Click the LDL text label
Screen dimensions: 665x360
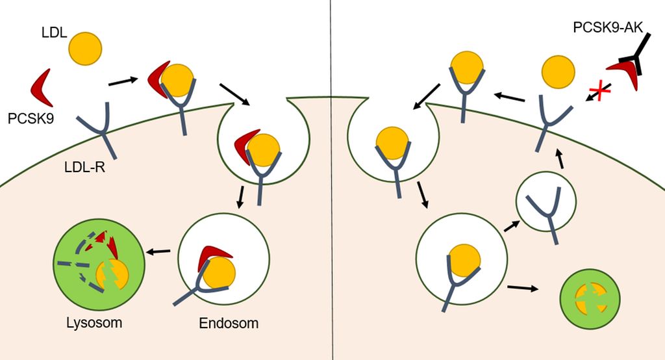click(x=55, y=32)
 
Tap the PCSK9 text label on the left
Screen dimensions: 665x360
click(x=31, y=118)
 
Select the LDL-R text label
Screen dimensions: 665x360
click(x=85, y=167)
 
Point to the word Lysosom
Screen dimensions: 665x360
click(x=94, y=323)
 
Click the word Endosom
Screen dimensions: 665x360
click(x=229, y=323)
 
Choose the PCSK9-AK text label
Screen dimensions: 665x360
click(x=608, y=27)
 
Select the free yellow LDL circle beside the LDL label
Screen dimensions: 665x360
click(x=85, y=49)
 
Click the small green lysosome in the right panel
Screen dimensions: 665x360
click(x=590, y=298)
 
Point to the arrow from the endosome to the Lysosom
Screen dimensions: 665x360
click(x=158, y=251)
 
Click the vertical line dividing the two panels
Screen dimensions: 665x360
click(x=332, y=180)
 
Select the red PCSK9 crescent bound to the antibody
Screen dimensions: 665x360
click(x=623, y=73)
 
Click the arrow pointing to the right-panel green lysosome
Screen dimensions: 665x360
click(x=523, y=289)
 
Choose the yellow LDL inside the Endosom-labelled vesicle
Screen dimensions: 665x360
click(x=218, y=273)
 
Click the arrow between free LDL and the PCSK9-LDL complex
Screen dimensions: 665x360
click(x=123, y=81)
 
